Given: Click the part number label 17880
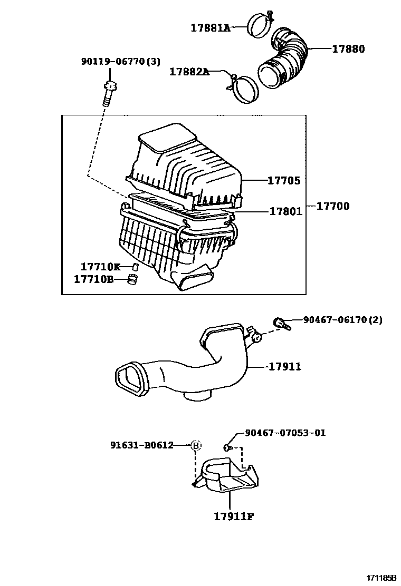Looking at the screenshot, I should (x=348, y=49).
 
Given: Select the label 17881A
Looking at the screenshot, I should (x=211, y=28).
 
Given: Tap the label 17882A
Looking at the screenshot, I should (x=189, y=72).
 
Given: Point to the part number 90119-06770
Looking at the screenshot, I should (x=113, y=62).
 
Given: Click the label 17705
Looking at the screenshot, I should (x=283, y=181).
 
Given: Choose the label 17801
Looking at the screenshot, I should (x=285, y=211).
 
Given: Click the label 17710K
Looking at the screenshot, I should (x=100, y=267).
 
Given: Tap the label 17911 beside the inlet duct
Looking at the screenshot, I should (x=285, y=366).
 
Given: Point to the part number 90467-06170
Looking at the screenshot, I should (x=336, y=320).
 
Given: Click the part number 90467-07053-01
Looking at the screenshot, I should (x=285, y=433).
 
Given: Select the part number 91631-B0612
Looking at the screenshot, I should (x=142, y=445).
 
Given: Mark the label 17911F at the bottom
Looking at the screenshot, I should (x=234, y=516).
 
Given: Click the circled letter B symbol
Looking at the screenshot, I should (x=196, y=446).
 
